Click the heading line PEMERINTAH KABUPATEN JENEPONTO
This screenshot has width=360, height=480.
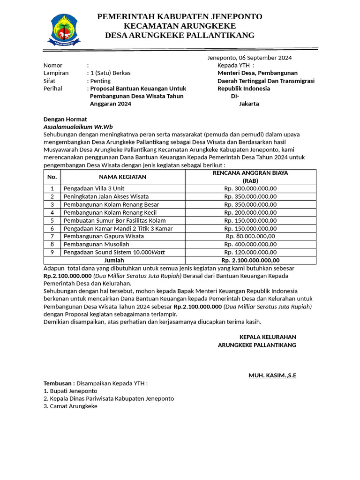180,17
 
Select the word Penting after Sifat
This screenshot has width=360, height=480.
100,81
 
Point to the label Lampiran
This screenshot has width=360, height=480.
56,73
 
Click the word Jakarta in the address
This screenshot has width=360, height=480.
249,104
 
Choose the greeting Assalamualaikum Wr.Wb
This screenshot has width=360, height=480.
78,127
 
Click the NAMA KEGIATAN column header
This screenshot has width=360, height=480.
122,177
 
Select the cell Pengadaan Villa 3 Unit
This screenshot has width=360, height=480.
94,188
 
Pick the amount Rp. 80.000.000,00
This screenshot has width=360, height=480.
250,236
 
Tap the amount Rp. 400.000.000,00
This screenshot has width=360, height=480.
250,244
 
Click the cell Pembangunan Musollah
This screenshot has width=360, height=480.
96,244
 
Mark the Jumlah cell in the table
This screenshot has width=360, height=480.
114,260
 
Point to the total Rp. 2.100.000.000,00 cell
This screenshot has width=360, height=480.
250,260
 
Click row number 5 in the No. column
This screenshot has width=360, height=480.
52,220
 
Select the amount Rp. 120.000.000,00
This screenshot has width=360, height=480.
250,252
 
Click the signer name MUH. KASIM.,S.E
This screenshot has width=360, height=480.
272,375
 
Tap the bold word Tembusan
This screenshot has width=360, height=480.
59,383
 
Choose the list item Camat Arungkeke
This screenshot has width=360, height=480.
70,406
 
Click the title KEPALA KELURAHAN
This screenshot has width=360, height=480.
268,337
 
